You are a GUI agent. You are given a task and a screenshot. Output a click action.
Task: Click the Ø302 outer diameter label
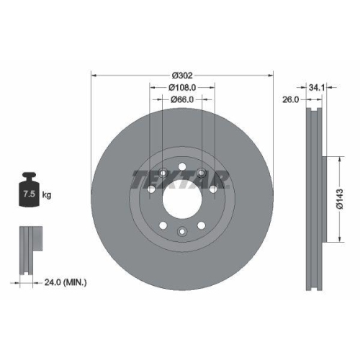click(x=182, y=74)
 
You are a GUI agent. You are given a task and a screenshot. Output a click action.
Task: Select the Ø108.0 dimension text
click(x=182, y=87)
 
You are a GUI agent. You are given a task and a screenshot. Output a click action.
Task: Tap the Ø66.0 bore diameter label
click(x=182, y=99)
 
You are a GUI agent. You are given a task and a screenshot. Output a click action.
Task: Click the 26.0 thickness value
click(x=290, y=100)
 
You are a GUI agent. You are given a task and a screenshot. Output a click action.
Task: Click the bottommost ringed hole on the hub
click(x=182, y=230)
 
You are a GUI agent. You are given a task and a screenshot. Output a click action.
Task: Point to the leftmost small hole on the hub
click(x=150, y=190)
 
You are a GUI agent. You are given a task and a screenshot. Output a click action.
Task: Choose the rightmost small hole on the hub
click(x=213, y=190)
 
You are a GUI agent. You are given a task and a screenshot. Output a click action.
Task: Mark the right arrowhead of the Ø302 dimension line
click(x=271, y=74)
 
